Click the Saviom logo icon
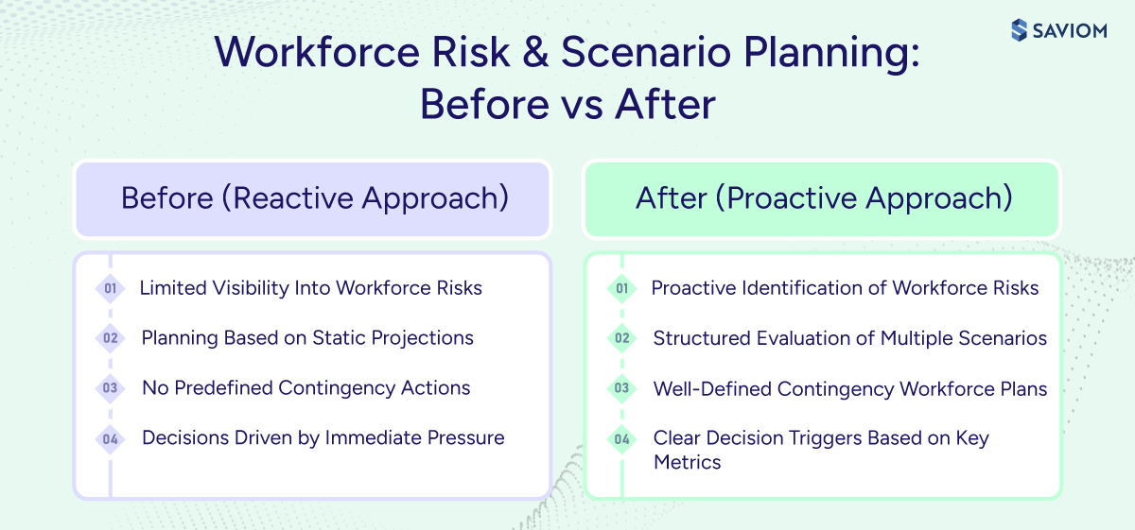click(x=1019, y=30)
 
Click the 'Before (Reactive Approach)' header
click(x=314, y=198)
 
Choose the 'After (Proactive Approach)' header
click(x=823, y=198)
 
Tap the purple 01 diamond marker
click(x=111, y=289)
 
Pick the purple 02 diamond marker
click(x=111, y=338)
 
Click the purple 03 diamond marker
click(x=111, y=388)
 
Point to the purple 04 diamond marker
click(x=111, y=438)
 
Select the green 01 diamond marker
click(x=621, y=289)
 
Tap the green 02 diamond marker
click(x=621, y=338)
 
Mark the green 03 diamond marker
click(x=621, y=388)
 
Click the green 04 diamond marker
click(x=621, y=438)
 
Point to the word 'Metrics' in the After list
click(x=687, y=462)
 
